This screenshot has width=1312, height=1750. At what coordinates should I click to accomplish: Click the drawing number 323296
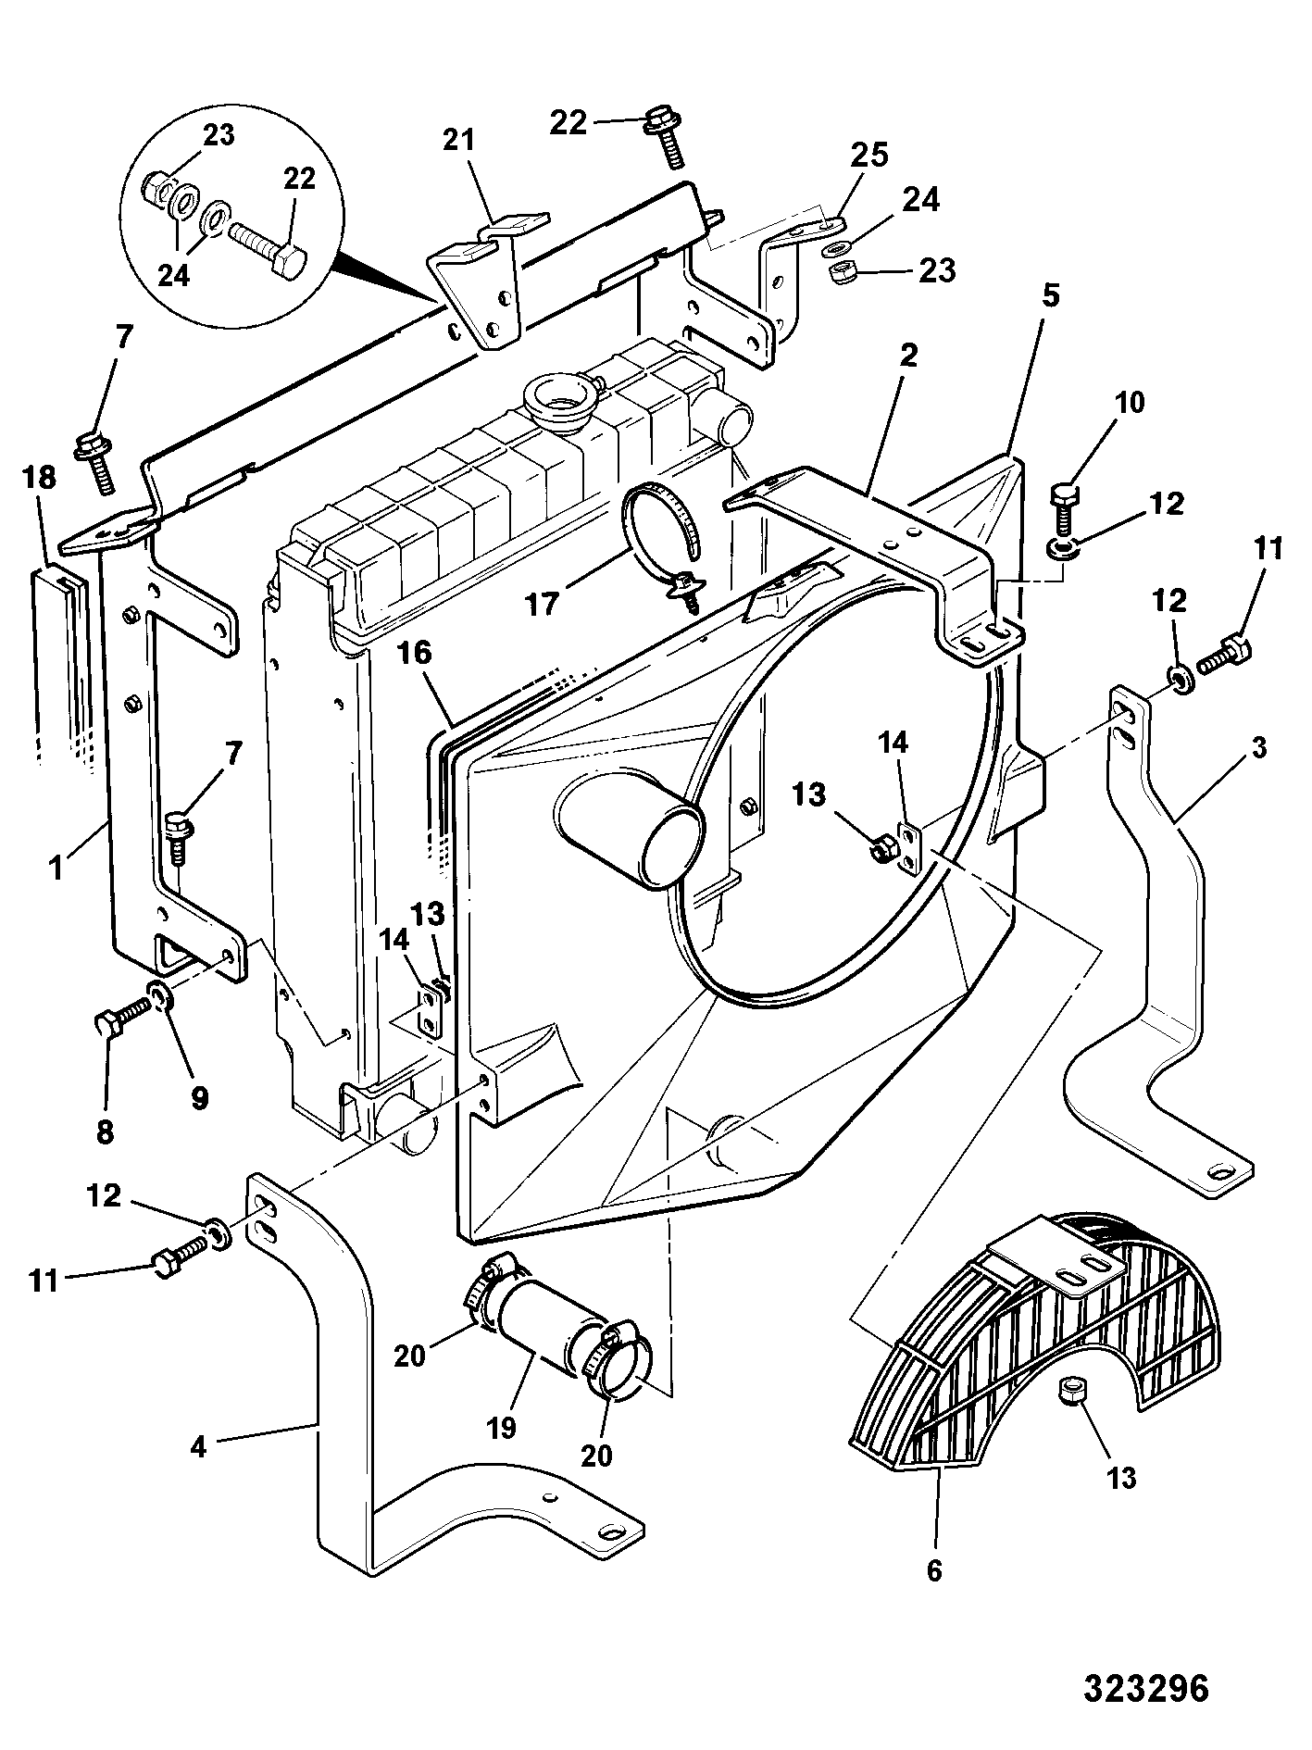click(x=1146, y=1687)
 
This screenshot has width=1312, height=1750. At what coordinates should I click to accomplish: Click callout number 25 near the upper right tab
click(x=870, y=155)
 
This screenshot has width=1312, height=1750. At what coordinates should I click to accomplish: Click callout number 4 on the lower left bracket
click(x=198, y=1447)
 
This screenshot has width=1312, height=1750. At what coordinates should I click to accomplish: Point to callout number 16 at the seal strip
click(x=416, y=653)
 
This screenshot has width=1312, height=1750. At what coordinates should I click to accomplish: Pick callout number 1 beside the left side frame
click(x=57, y=869)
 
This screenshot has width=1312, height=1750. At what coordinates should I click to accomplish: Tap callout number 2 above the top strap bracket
click(x=909, y=355)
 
